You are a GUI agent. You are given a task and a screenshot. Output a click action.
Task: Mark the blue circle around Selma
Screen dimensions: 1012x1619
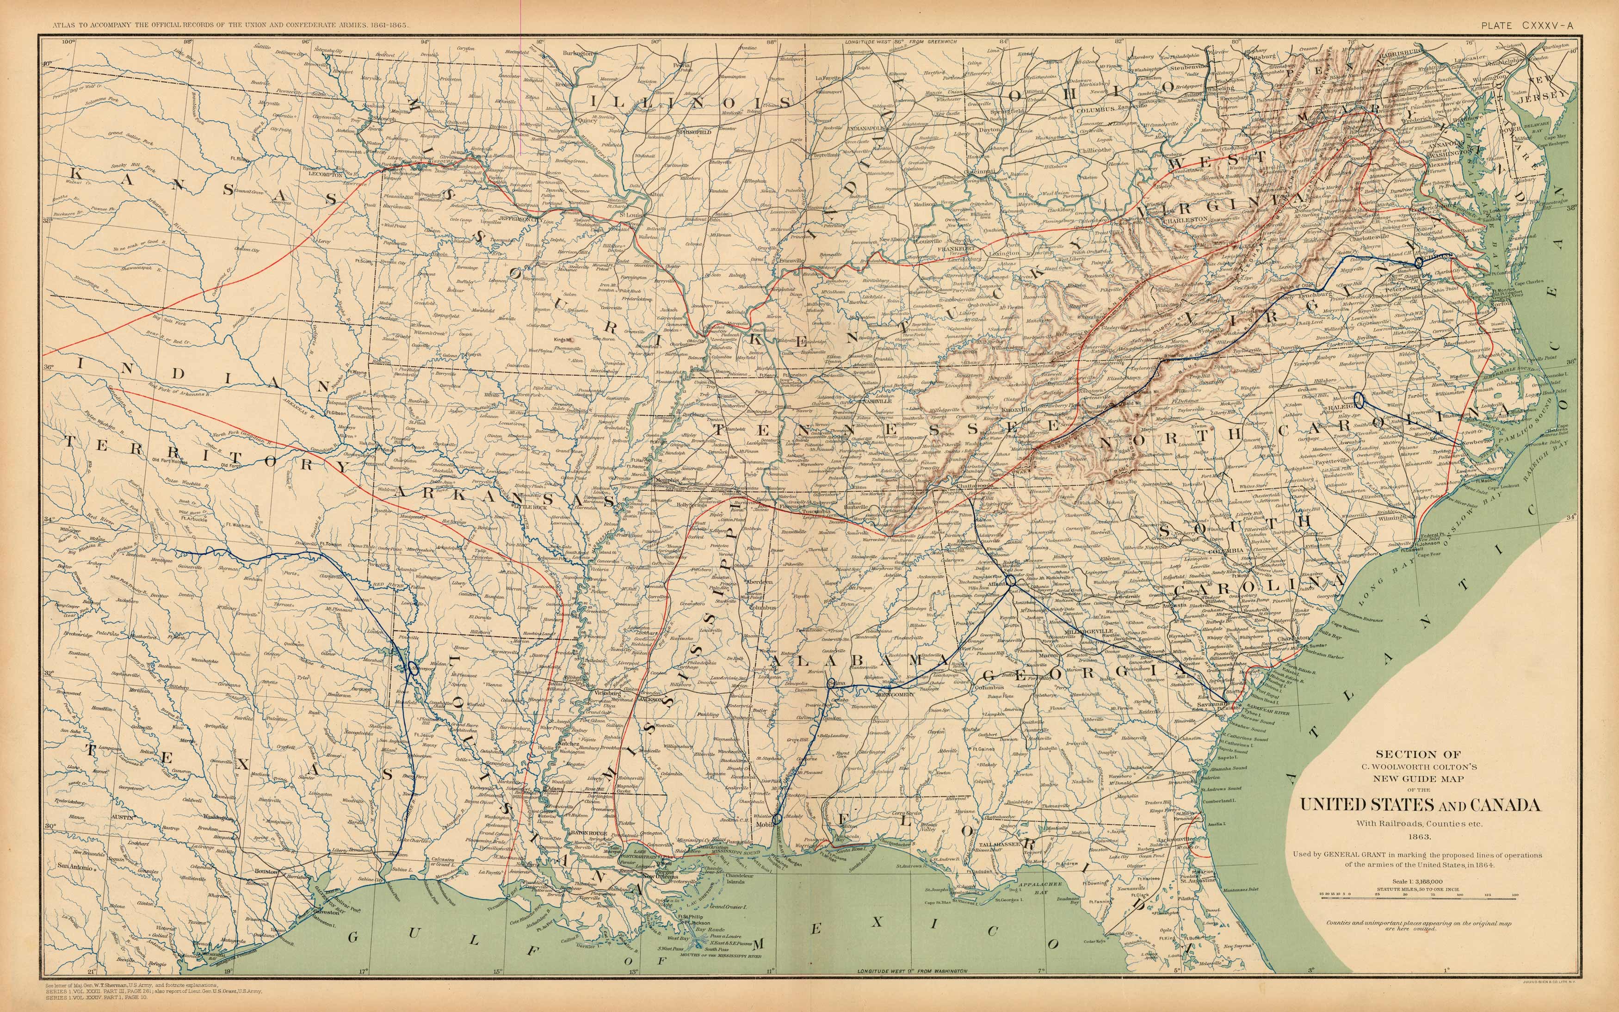point(831,683)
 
